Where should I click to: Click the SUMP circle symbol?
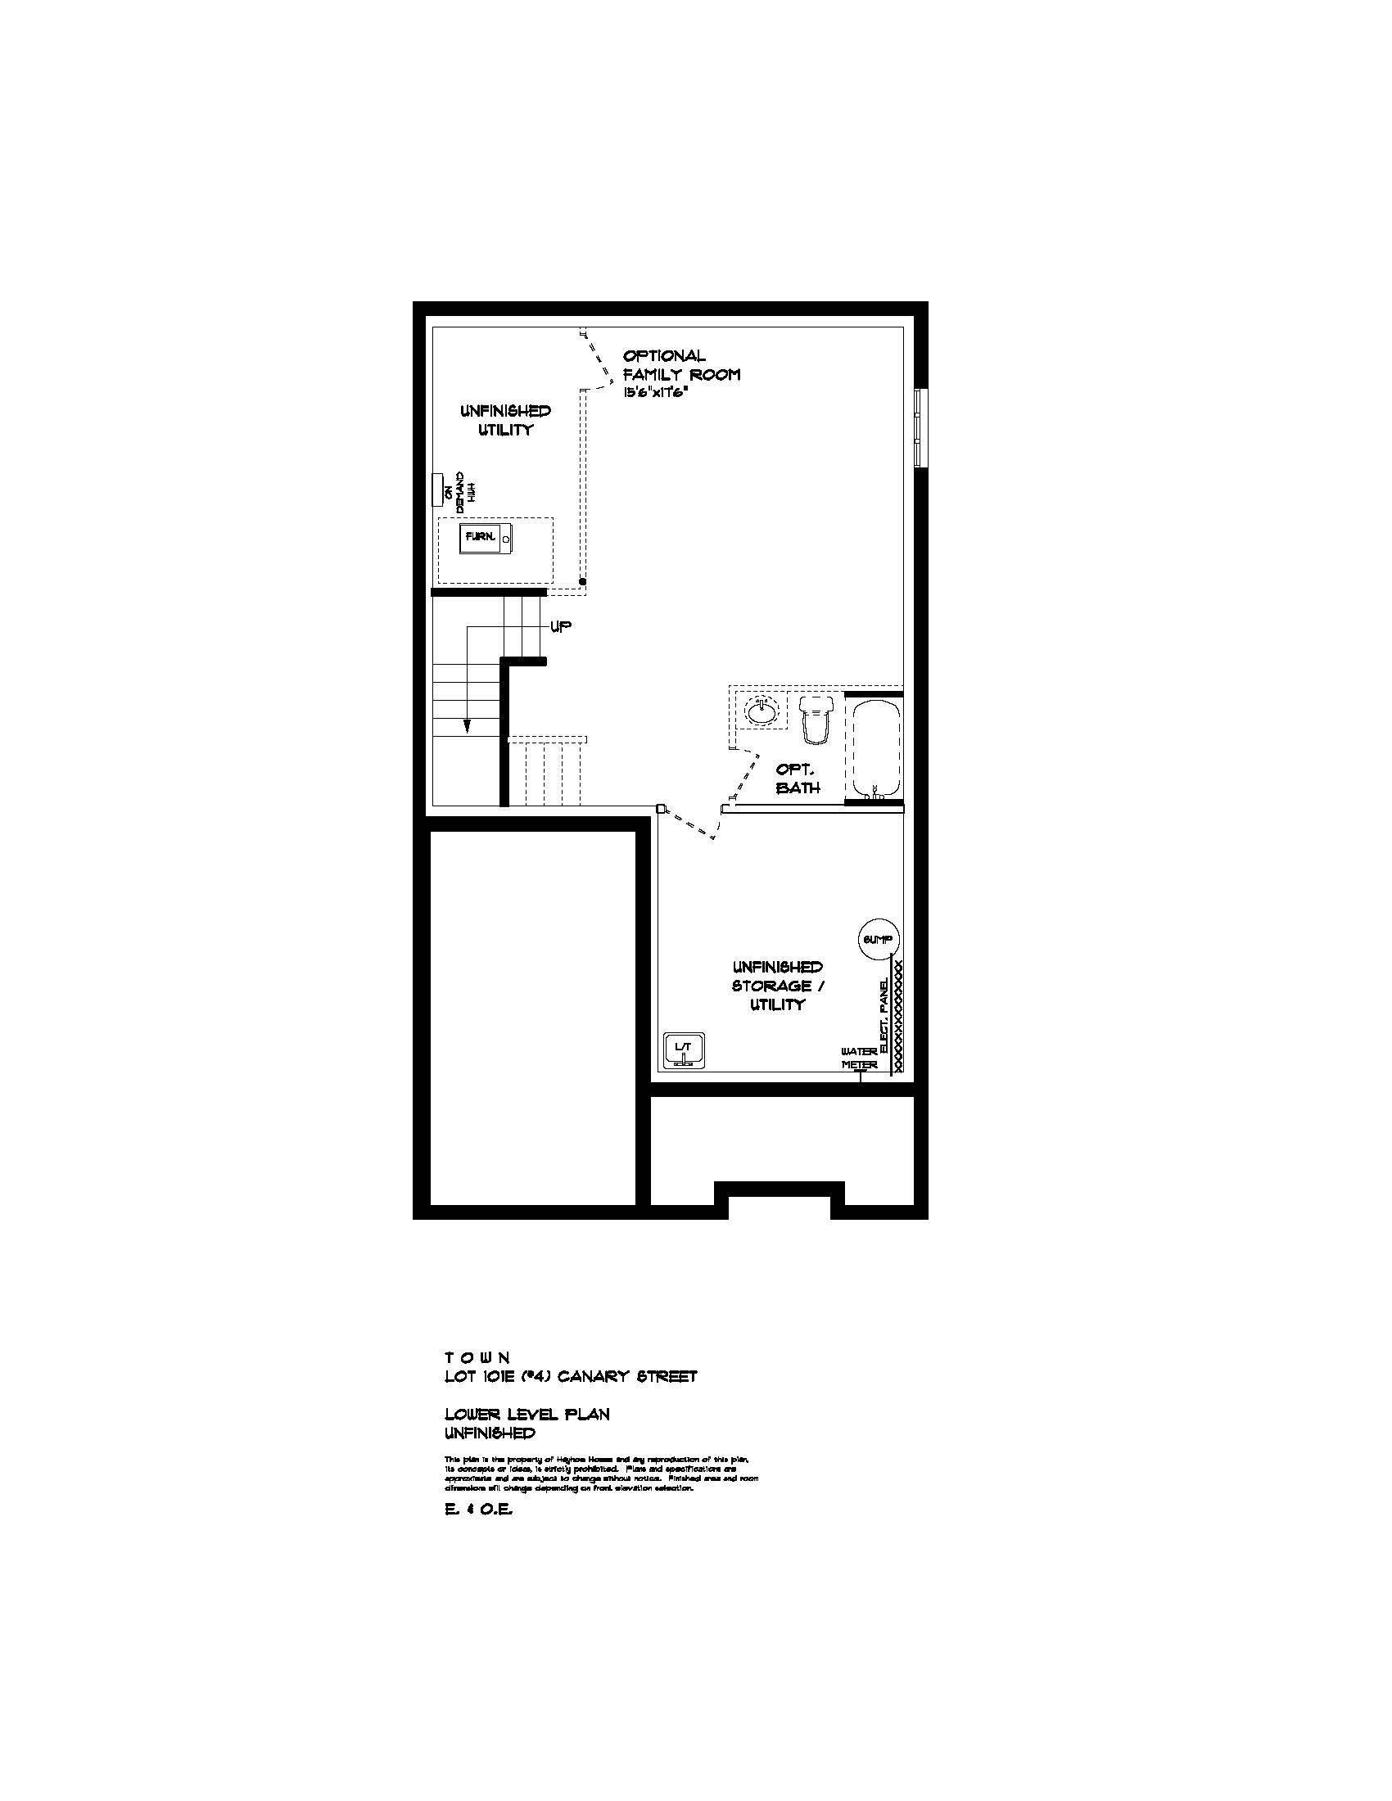coord(878,939)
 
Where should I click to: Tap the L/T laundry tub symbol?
coord(684,1050)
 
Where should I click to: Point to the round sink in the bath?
coord(762,710)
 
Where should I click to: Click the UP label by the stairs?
coord(561,627)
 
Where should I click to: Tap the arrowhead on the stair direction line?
coord(467,725)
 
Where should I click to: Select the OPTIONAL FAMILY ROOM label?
coord(681,364)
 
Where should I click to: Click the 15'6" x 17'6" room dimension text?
coord(656,393)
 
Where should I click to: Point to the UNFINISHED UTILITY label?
coord(505,420)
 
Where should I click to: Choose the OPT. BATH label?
coord(798,778)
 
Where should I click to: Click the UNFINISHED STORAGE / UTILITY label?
coord(778,986)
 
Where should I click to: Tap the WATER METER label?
coord(859,1058)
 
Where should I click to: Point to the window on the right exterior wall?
coord(921,428)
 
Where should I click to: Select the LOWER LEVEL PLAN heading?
coord(527,1415)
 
